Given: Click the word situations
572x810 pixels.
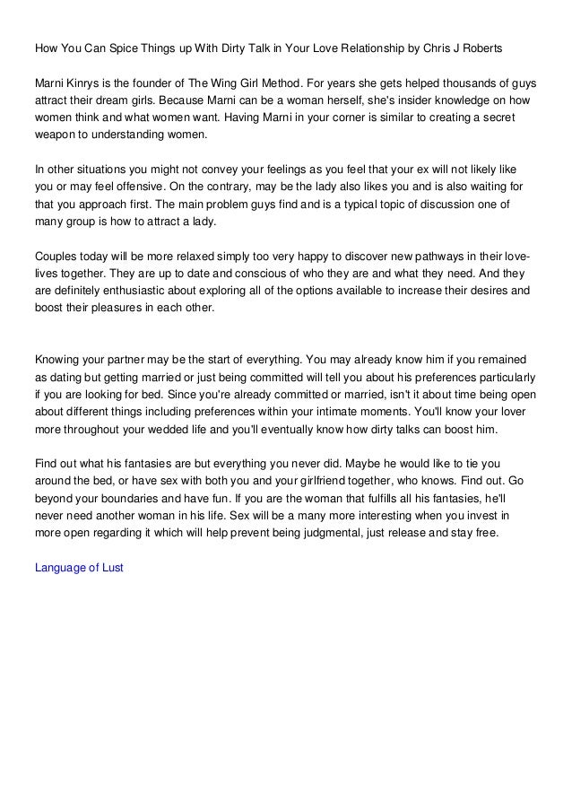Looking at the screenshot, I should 106,170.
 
